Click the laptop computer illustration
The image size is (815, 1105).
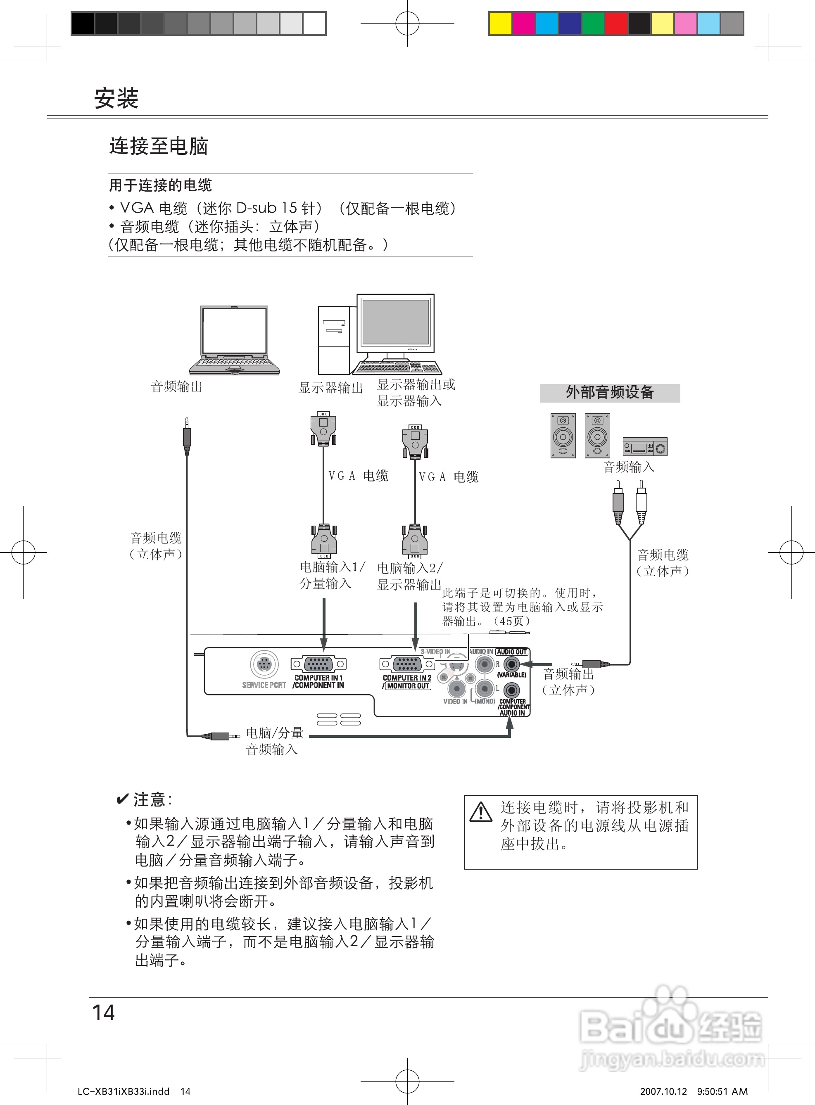(x=235, y=341)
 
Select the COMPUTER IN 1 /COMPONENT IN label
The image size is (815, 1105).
(x=318, y=681)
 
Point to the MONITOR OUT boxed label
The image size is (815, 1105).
(x=408, y=686)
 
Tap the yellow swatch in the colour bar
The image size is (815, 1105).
(x=500, y=24)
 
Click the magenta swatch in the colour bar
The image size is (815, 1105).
(x=523, y=24)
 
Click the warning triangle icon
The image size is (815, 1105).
(x=480, y=812)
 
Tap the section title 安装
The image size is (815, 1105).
(x=116, y=99)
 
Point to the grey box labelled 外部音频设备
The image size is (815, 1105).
(x=610, y=393)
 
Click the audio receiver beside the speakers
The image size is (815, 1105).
(x=645, y=446)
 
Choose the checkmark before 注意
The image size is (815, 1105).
(x=122, y=799)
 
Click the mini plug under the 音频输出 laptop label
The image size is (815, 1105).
(x=186, y=435)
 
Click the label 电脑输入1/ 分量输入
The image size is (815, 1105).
(x=332, y=575)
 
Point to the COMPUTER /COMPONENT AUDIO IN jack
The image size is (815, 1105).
(x=511, y=690)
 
